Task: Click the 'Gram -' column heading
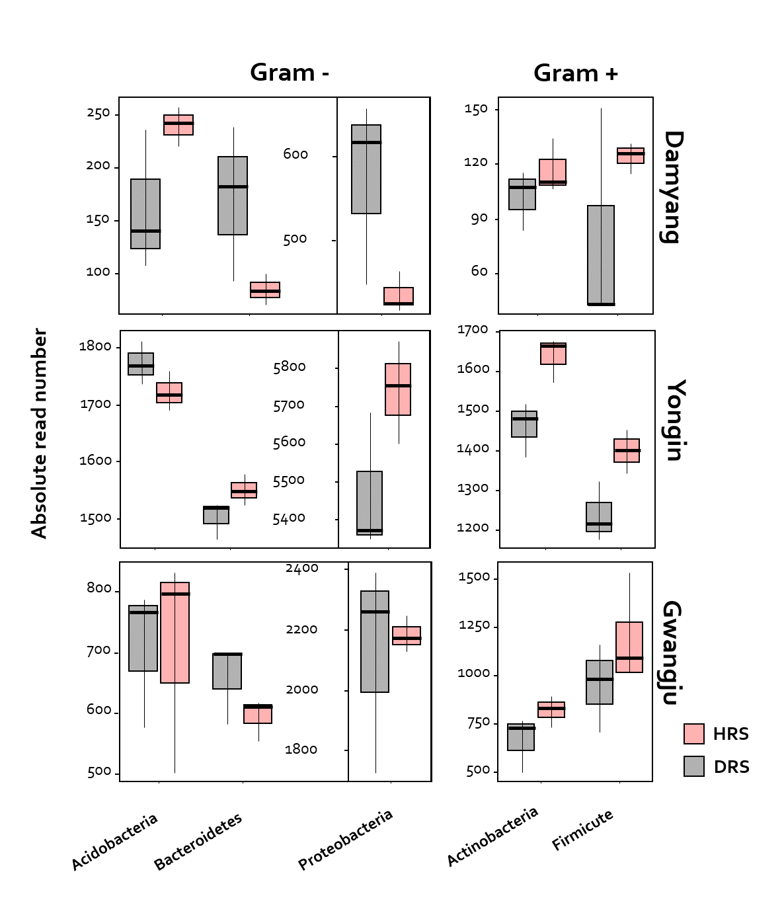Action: pyautogui.click(x=289, y=72)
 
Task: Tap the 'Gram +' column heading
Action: pyautogui.click(x=575, y=73)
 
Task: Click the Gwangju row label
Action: pyautogui.click(x=672, y=653)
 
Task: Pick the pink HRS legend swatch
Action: pyautogui.click(x=693, y=733)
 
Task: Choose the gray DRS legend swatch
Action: pyautogui.click(x=693, y=766)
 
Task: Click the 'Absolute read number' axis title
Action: pyautogui.click(x=39, y=433)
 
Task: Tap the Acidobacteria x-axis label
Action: pyautogui.click(x=114, y=841)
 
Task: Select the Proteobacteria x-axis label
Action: pyautogui.click(x=345, y=839)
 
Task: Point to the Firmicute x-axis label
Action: pyautogui.click(x=582, y=829)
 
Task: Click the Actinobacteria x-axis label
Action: pyautogui.click(x=492, y=836)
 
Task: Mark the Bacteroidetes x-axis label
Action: pyautogui.click(x=198, y=841)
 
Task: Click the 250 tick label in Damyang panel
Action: pyautogui.click(x=98, y=113)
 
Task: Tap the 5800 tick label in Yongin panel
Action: pyautogui.click(x=289, y=367)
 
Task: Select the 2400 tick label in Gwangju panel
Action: pyautogui.click(x=301, y=568)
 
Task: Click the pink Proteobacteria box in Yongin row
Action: pyautogui.click(x=398, y=389)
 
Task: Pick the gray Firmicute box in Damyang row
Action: pyautogui.click(x=601, y=255)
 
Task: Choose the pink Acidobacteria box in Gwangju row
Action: pyautogui.click(x=175, y=632)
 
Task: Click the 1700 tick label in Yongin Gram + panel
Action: pyautogui.click(x=473, y=329)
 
